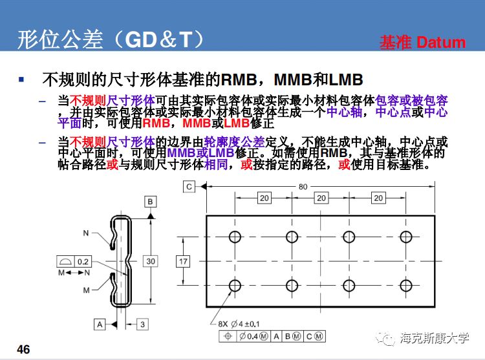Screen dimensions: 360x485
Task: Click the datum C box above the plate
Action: click(x=189, y=187)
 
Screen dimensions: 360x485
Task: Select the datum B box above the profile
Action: click(x=150, y=202)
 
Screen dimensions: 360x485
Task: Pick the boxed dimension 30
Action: click(x=150, y=261)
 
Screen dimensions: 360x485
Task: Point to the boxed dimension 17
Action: click(x=184, y=261)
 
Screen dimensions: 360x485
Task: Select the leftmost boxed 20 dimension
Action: click(x=264, y=198)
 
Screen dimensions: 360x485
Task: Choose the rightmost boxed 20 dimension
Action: click(x=378, y=198)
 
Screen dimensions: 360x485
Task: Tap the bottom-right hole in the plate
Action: click(x=407, y=284)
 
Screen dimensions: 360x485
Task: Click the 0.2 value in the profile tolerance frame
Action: click(x=83, y=262)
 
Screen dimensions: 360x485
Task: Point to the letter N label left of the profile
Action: click(x=86, y=233)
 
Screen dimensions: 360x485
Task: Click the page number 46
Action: click(x=23, y=350)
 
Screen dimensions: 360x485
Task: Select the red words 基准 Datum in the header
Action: click(x=422, y=43)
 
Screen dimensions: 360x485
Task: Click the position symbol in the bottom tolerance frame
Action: click(x=226, y=336)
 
